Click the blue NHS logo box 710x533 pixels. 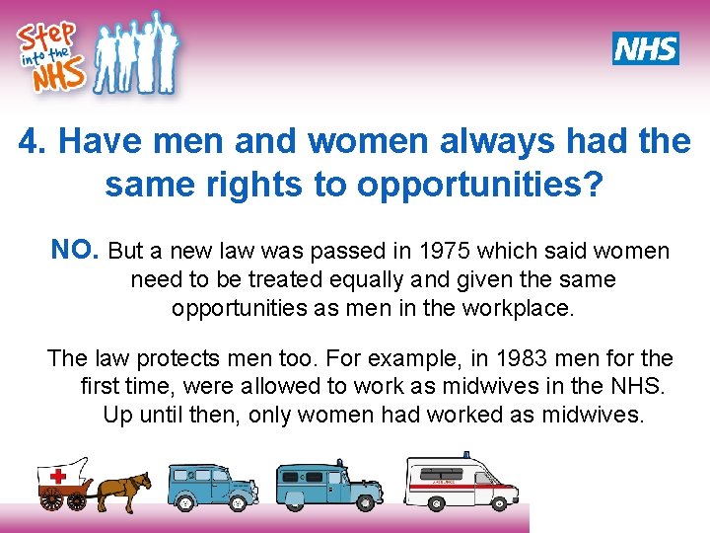tap(645, 47)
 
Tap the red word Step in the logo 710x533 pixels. tap(43, 38)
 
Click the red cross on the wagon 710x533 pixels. tap(58, 475)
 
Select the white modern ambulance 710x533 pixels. tap(461, 481)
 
